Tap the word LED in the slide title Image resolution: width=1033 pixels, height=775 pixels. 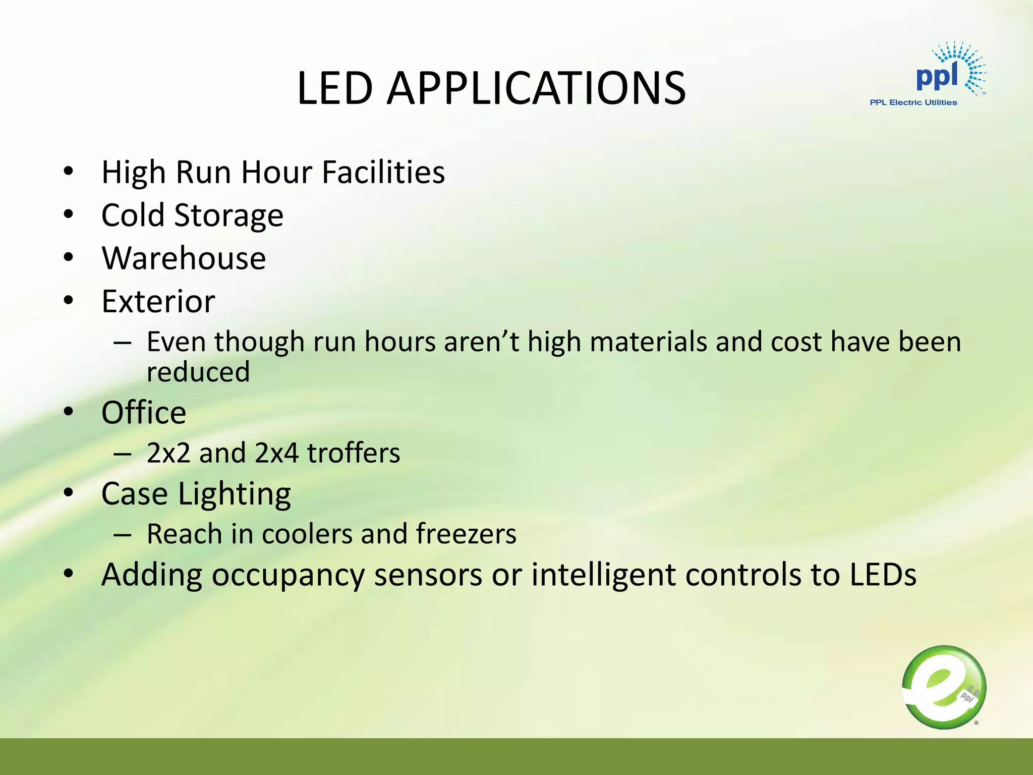334,88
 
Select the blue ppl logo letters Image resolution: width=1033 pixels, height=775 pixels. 937,77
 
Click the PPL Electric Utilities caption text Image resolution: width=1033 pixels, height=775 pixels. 913,102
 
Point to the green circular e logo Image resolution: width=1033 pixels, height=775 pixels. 944,687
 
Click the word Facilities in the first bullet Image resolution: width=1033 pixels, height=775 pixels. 383,172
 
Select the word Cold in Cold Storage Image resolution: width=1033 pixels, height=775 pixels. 133,215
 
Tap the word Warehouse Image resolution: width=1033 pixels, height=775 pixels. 184,258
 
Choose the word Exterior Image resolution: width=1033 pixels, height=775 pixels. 158,302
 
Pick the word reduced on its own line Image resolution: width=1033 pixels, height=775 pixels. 198,372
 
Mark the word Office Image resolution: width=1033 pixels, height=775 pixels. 144,413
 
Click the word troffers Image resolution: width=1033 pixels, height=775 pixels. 354,453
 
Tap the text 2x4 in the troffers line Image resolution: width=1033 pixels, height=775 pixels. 276,453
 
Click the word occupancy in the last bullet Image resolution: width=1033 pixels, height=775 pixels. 288,575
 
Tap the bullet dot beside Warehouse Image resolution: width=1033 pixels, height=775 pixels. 69,258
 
